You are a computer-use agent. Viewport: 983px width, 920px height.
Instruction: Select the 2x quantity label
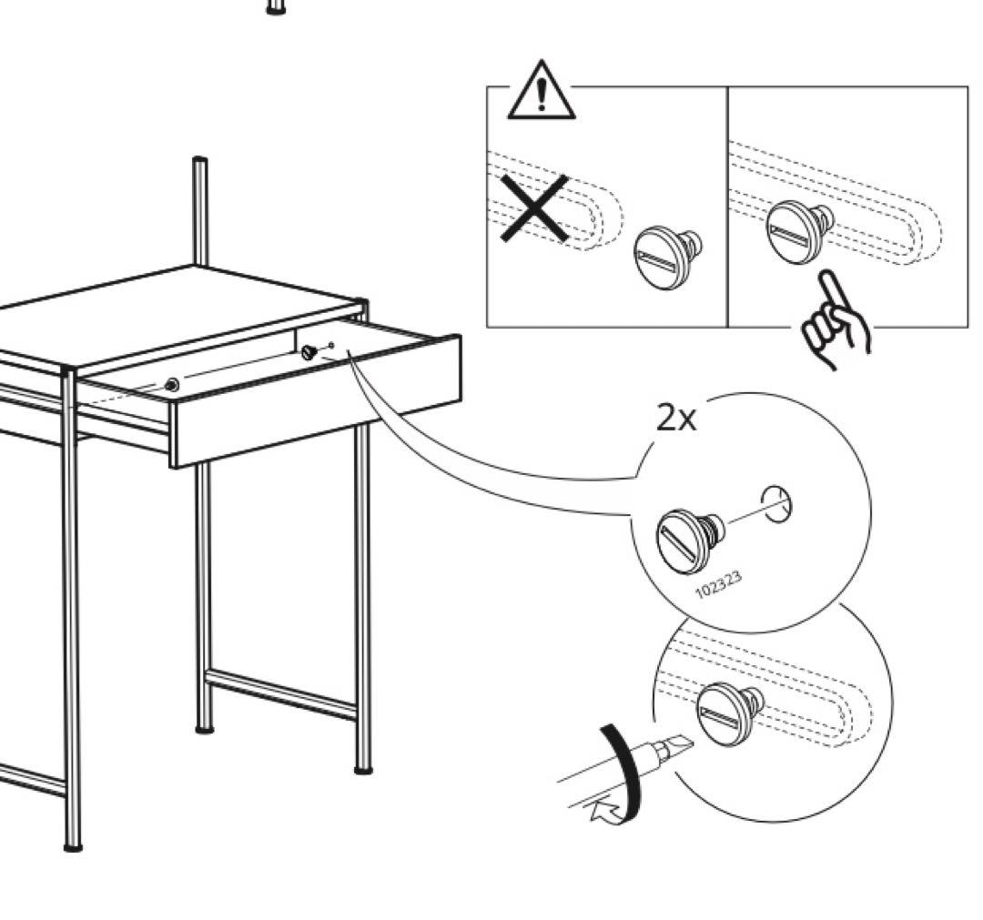(676, 419)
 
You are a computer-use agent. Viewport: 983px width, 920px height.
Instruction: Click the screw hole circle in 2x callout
(776, 503)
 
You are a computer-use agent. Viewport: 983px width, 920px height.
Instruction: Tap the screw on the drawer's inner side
(310, 351)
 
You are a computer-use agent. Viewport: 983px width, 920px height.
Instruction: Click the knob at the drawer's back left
(172, 385)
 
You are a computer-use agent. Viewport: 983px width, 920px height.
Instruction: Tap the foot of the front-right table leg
(363, 770)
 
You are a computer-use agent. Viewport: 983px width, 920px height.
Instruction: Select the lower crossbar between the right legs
(282, 694)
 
